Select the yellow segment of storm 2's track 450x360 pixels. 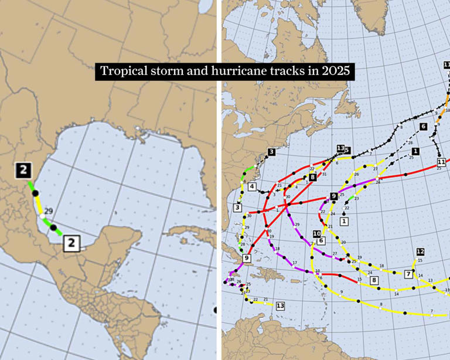click(38, 206)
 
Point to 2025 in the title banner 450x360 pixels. click(335, 72)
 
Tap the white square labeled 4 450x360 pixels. click(251, 187)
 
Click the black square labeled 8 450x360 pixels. click(312, 177)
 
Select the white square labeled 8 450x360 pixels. click(374, 281)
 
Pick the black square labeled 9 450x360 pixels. click(333, 196)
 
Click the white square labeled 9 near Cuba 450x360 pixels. click(247, 258)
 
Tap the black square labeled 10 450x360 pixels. click(316, 233)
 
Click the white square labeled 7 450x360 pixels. click(408, 274)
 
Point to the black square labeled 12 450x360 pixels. click(420, 252)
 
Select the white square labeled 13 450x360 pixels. click(280, 306)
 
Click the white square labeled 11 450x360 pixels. click(441, 162)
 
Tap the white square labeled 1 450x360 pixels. click(344, 221)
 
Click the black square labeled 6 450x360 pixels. click(423, 126)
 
